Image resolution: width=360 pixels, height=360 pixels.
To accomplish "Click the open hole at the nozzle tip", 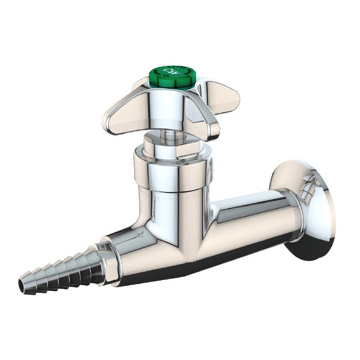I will pyautogui.click(x=24, y=287).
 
